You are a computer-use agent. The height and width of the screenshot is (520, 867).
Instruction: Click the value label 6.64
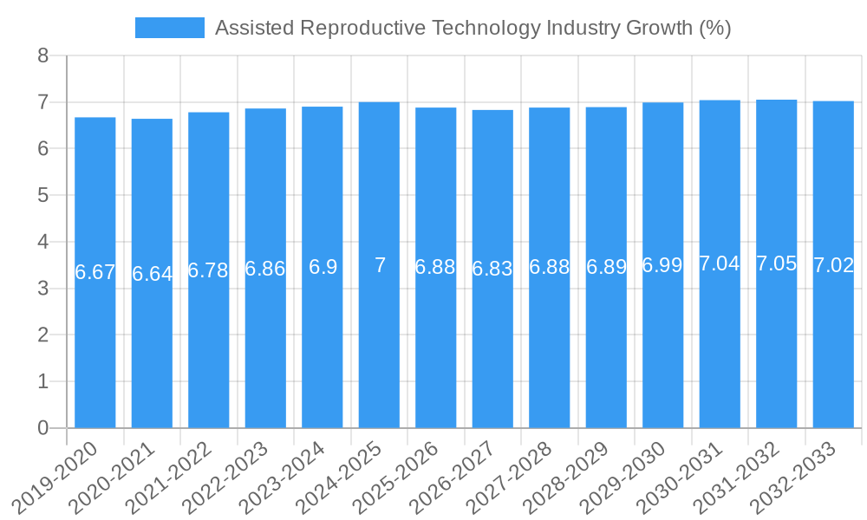click(152, 274)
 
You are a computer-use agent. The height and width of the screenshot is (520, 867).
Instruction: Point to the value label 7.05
click(776, 264)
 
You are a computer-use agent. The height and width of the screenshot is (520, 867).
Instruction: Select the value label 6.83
click(492, 269)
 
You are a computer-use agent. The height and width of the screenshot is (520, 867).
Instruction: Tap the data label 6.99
click(662, 266)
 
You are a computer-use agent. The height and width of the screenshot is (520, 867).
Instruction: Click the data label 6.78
click(208, 270)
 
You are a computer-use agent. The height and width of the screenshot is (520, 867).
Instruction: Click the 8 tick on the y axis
click(43, 56)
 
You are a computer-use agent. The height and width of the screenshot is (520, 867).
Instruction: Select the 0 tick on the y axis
click(43, 428)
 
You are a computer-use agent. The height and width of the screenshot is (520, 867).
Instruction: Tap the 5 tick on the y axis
click(43, 196)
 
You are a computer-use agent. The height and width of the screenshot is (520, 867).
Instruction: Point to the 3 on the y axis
click(43, 289)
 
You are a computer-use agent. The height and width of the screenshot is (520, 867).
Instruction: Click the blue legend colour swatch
click(170, 28)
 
